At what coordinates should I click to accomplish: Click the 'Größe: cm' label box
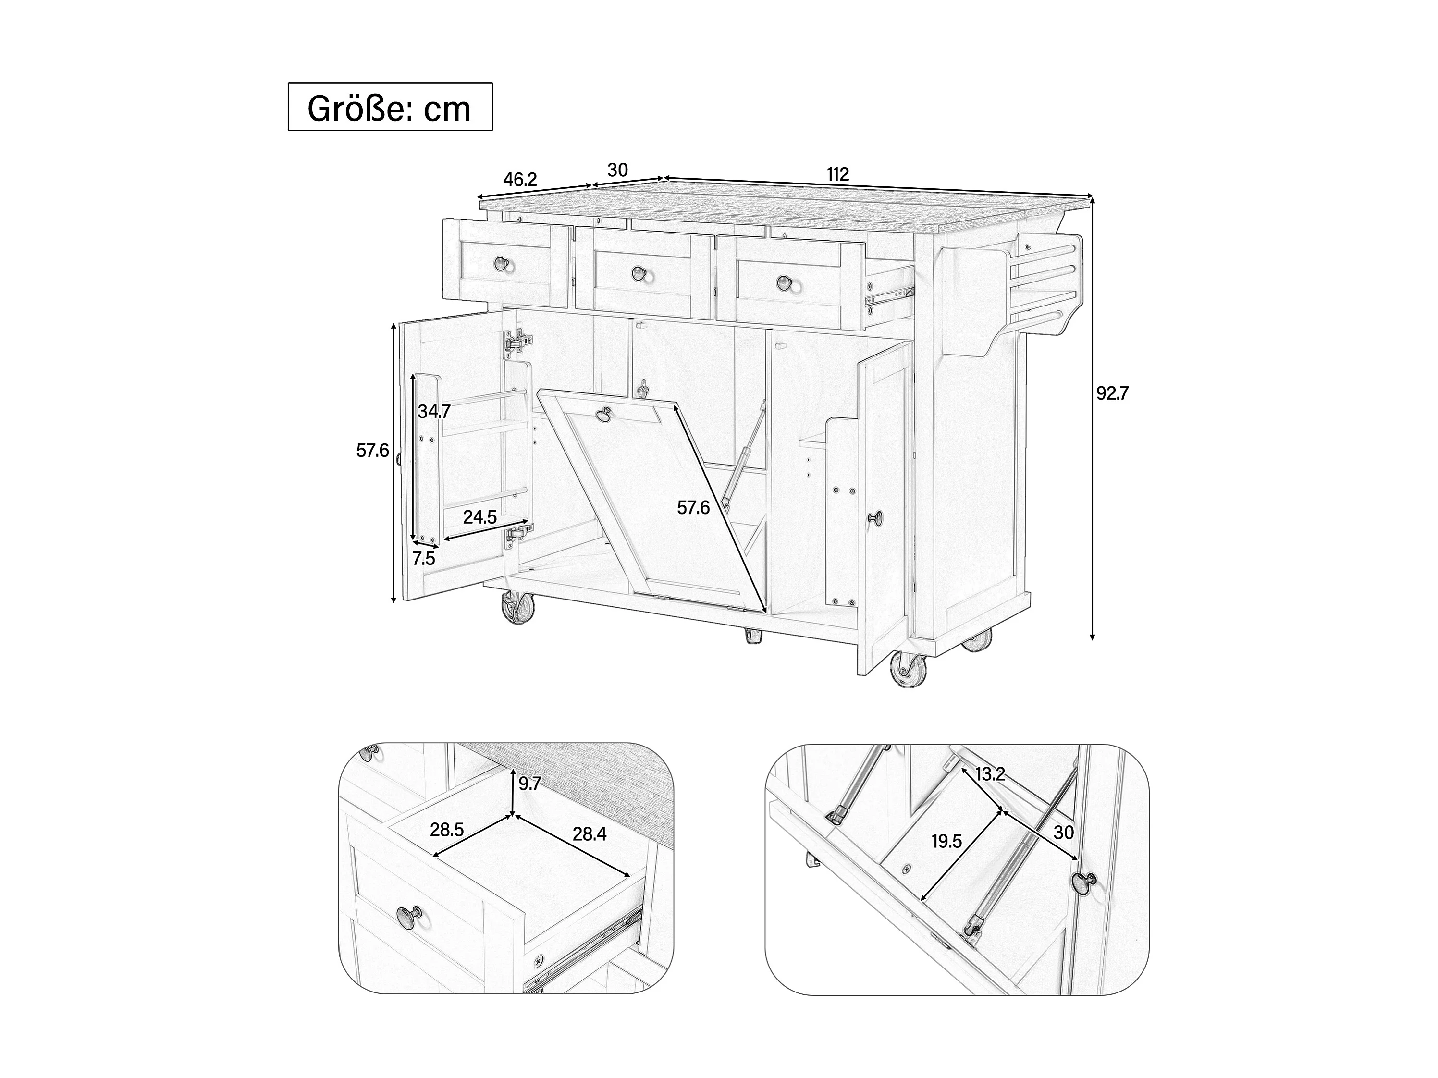click(390, 107)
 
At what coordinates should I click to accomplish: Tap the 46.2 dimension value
click(520, 180)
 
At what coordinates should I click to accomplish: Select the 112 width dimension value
click(838, 174)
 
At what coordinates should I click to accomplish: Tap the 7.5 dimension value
click(423, 558)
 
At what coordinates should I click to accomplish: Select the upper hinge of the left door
click(517, 340)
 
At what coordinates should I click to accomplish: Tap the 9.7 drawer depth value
click(530, 784)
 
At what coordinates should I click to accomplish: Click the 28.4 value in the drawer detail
click(589, 833)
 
